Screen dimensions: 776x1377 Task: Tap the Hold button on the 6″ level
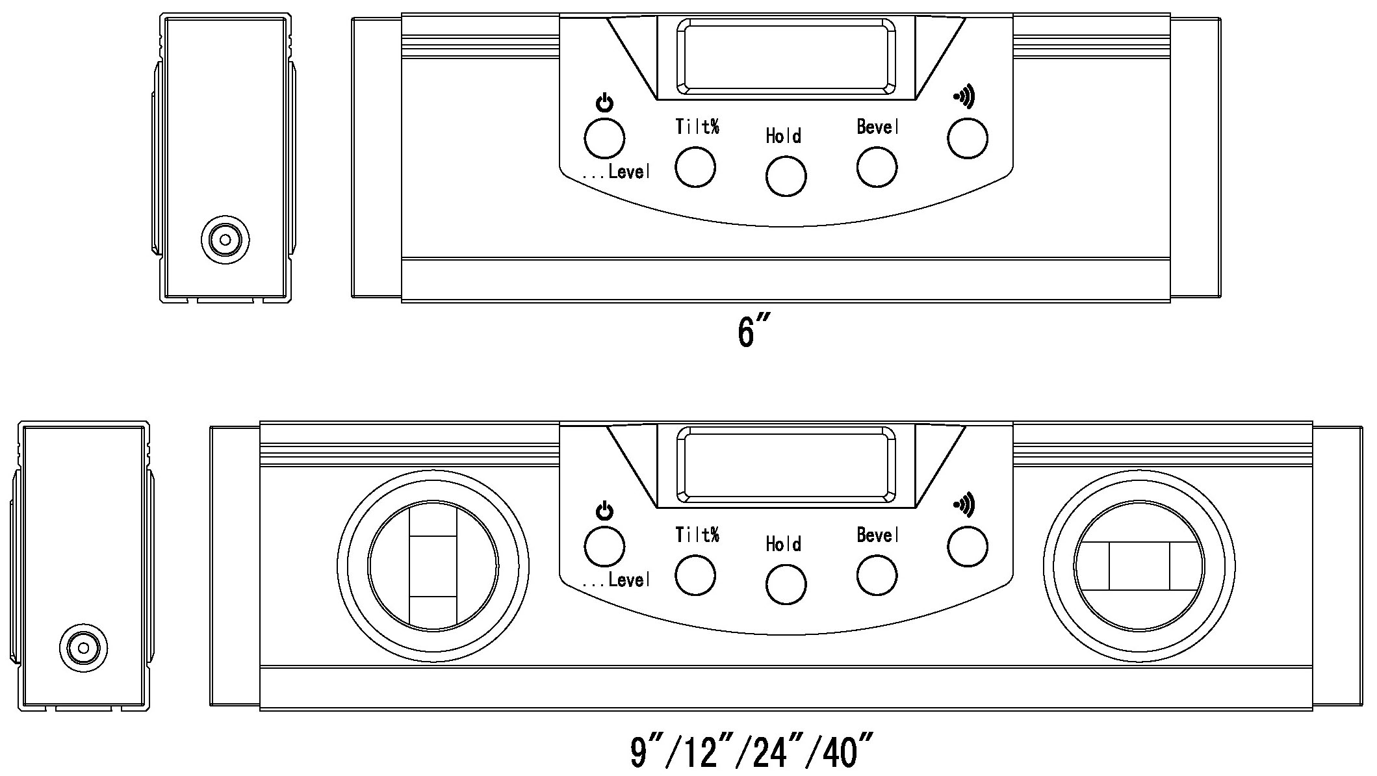(x=786, y=176)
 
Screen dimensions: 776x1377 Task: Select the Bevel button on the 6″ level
(x=877, y=167)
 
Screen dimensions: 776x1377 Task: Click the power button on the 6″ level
(x=604, y=138)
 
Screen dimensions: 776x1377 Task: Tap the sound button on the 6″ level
(x=968, y=138)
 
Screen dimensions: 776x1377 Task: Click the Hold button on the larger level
(x=786, y=584)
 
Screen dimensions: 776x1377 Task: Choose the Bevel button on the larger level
(x=877, y=575)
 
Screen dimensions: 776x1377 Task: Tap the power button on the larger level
(x=604, y=547)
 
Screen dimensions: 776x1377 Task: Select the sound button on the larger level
(x=968, y=547)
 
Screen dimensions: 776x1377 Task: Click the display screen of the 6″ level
(x=786, y=56)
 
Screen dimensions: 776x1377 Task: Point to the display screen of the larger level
(x=786, y=464)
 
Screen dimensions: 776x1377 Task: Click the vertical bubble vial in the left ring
(x=433, y=565)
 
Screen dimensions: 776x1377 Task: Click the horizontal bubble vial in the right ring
(x=1139, y=565)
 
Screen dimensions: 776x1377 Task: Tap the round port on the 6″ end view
(x=225, y=240)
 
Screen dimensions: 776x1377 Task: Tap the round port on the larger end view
(x=83, y=648)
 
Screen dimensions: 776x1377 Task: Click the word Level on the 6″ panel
(x=629, y=172)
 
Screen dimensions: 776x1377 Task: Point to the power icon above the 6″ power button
(x=604, y=103)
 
